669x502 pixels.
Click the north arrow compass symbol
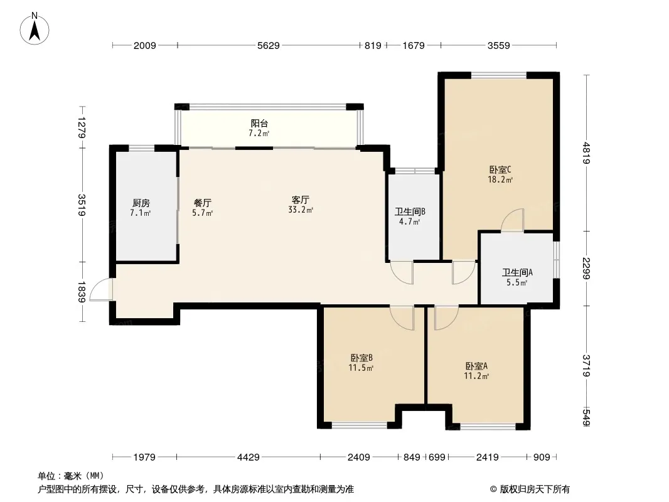pyautogui.click(x=35, y=29)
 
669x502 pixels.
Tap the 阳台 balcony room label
pyautogui.click(x=259, y=124)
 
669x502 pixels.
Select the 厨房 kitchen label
pyautogui.click(x=141, y=203)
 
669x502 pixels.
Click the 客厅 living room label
pyautogui.click(x=301, y=200)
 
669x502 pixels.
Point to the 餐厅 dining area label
pyautogui.click(x=202, y=203)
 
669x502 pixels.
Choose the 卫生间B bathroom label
pyautogui.click(x=410, y=211)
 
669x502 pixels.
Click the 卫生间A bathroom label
pyautogui.click(x=517, y=272)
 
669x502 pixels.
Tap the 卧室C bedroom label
pyautogui.click(x=500, y=170)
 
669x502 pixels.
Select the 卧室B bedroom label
pyautogui.click(x=362, y=358)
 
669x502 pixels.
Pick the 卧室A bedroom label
pyautogui.click(x=476, y=366)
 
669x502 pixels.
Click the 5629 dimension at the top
pyautogui.click(x=269, y=45)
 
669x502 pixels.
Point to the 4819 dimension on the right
pyautogui.click(x=587, y=153)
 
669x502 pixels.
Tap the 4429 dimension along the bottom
pyautogui.click(x=249, y=457)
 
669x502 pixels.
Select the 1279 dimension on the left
pyautogui.click(x=82, y=127)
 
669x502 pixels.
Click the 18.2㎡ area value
pyautogui.click(x=500, y=179)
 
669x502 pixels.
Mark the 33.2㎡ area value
pyautogui.click(x=301, y=210)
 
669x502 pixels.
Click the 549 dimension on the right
pyautogui.click(x=587, y=417)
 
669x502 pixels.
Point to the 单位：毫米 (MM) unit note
pyautogui.click(x=71, y=476)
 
